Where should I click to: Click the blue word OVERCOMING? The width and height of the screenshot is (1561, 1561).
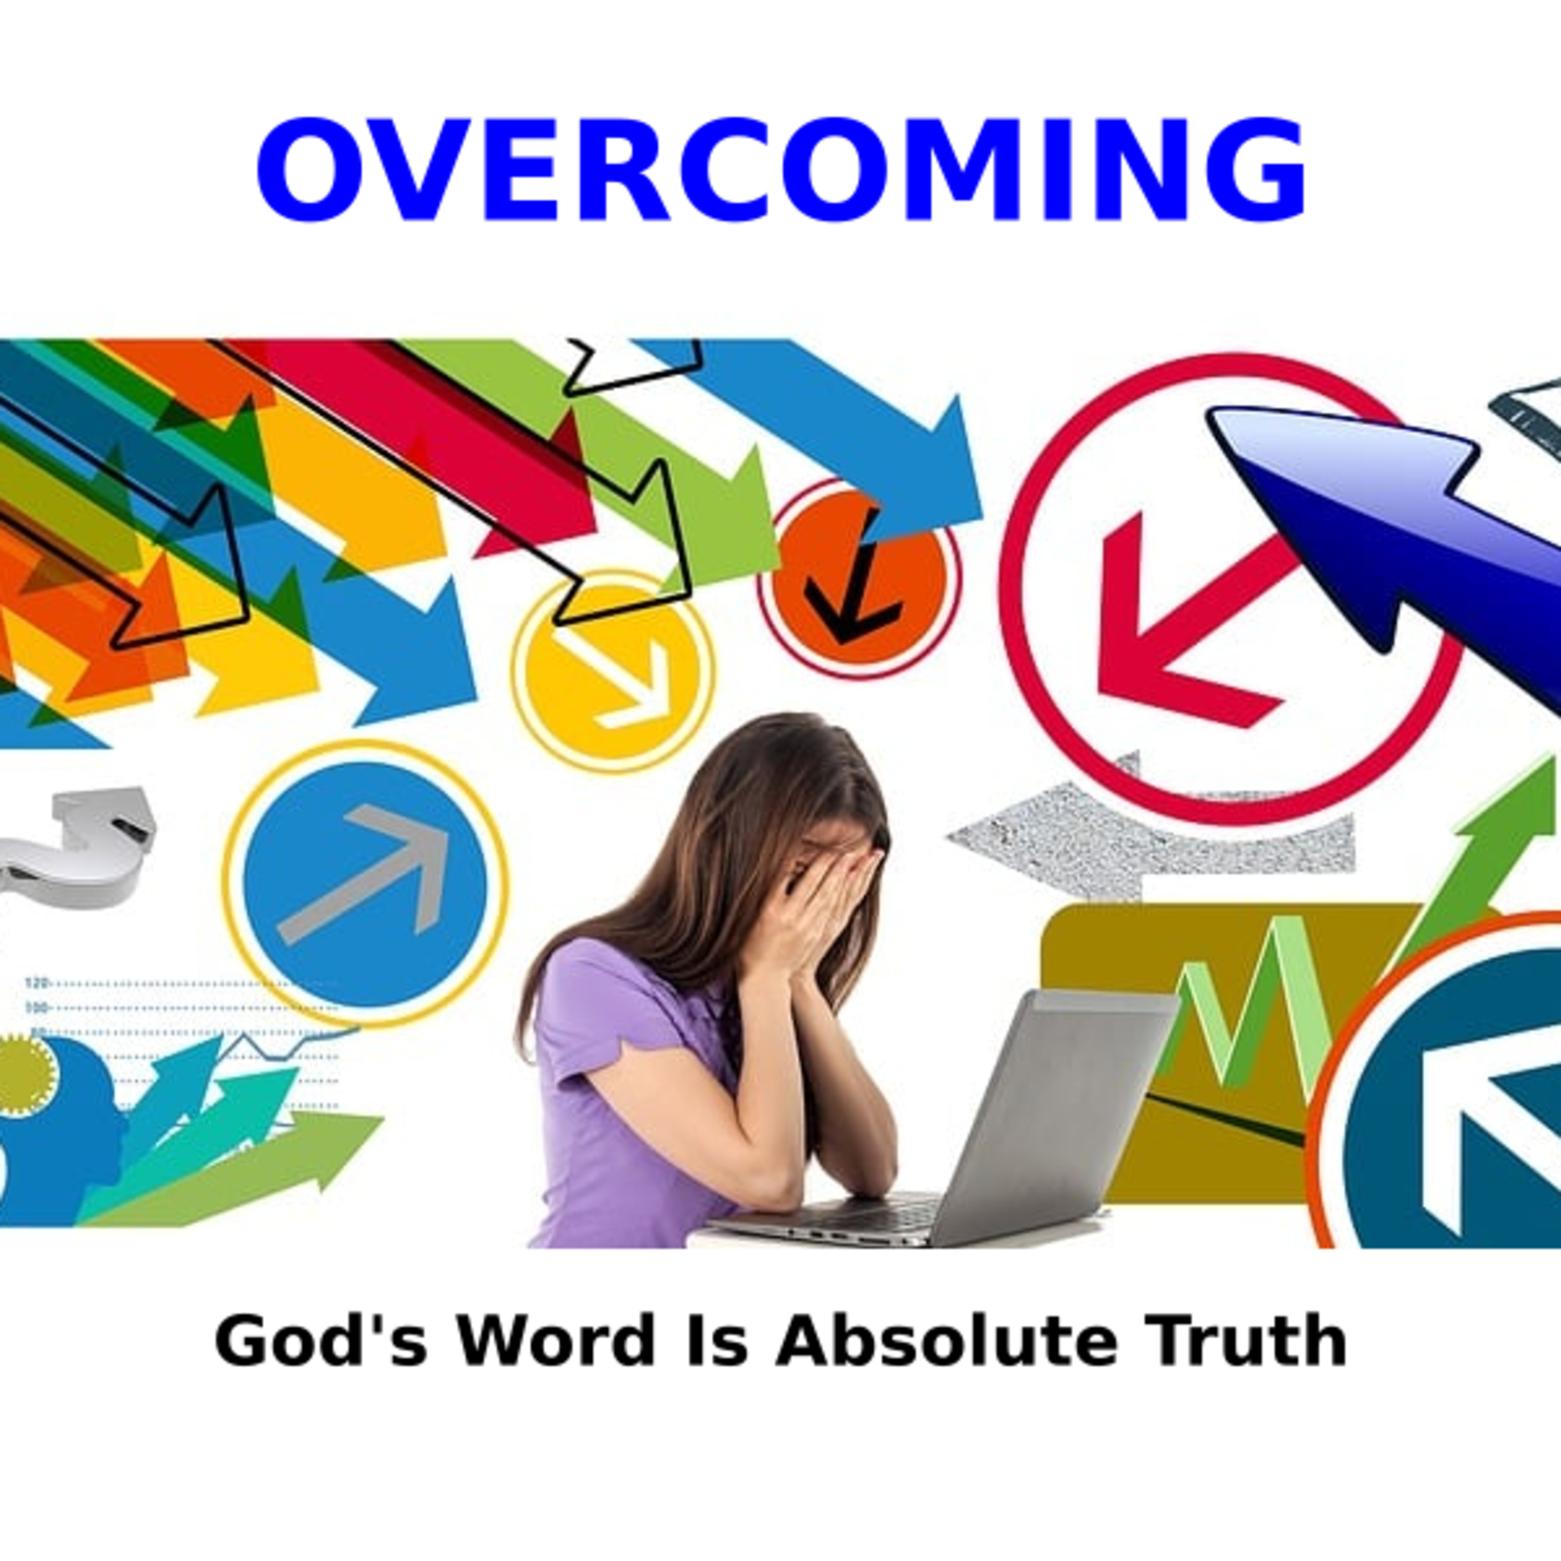coord(780,169)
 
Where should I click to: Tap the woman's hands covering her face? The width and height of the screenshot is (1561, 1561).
coord(816,905)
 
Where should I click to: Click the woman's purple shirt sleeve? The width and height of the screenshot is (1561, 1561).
coord(594,1010)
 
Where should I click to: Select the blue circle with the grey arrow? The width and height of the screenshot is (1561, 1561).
coord(365,885)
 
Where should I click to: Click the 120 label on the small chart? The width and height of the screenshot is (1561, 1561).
coord(36,983)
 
